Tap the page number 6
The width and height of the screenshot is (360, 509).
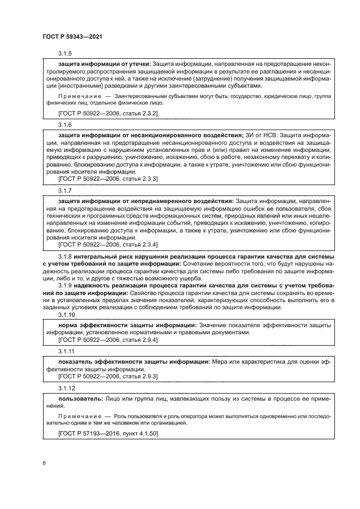tap(43, 463)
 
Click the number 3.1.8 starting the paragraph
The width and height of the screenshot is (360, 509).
tap(65, 256)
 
